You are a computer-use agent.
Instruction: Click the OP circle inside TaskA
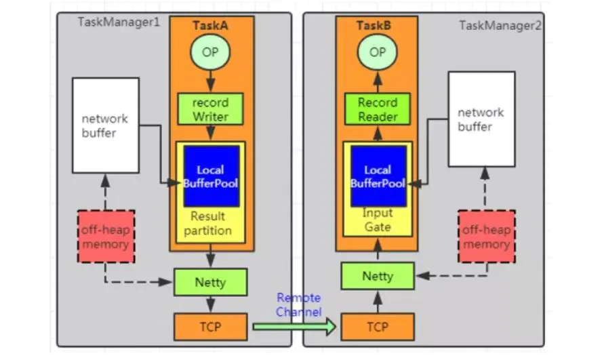click(x=211, y=52)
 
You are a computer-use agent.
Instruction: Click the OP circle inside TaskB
click(x=378, y=52)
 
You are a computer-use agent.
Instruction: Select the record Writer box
click(x=211, y=110)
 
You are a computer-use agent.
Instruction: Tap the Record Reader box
click(x=378, y=110)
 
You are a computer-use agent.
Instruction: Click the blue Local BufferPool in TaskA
click(x=211, y=176)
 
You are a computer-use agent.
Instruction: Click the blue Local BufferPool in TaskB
click(x=378, y=176)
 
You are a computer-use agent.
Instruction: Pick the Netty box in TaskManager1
click(x=211, y=282)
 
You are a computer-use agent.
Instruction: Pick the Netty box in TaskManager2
click(x=378, y=276)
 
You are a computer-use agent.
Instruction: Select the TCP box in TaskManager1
click(x=211, y=327)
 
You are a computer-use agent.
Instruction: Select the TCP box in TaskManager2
click(x=378, y=327)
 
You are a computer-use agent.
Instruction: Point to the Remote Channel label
click(x=298, y=304)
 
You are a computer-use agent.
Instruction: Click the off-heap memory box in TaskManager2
click(x=486, y=237)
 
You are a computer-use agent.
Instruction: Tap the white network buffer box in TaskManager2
click(x=481, y=119)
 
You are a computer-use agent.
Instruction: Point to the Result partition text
click(x=211, y=224)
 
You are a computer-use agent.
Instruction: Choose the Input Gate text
click(x=378, y=220)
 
